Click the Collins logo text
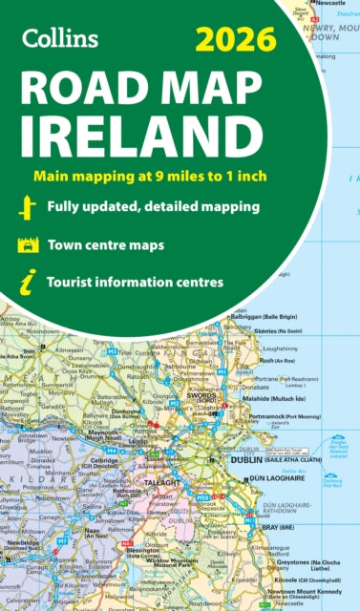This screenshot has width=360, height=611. point(58,39)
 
